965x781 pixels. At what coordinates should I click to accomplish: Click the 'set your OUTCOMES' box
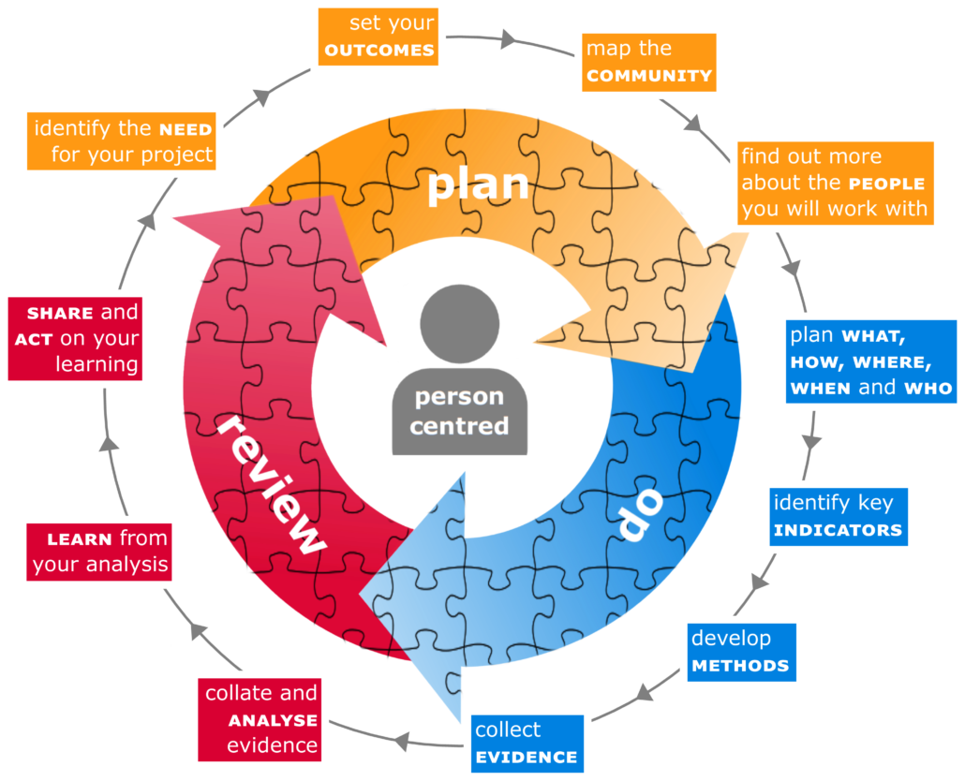point(379,37)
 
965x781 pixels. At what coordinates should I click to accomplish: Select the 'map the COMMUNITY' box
point(649,62)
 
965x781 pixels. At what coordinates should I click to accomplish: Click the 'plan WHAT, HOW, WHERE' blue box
point(870,361)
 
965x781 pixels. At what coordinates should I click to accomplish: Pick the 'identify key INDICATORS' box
point(838,516)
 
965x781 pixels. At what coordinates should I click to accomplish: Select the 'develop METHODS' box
point(740,652)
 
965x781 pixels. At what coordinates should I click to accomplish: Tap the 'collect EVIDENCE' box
point(526,744)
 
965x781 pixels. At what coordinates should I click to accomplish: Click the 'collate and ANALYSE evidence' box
point(261,719)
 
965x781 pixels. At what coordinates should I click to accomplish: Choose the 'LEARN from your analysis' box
point(99,551)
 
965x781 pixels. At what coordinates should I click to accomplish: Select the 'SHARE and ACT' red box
point(77,338)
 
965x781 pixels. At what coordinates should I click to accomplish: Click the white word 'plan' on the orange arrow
point(478,184)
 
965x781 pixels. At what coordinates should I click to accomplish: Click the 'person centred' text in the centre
point(459,411)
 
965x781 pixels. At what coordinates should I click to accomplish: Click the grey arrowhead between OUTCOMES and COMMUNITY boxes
point(508,38)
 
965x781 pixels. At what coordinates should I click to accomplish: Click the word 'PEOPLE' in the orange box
point(885,183)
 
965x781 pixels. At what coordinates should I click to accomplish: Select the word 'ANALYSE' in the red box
point(274,720)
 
